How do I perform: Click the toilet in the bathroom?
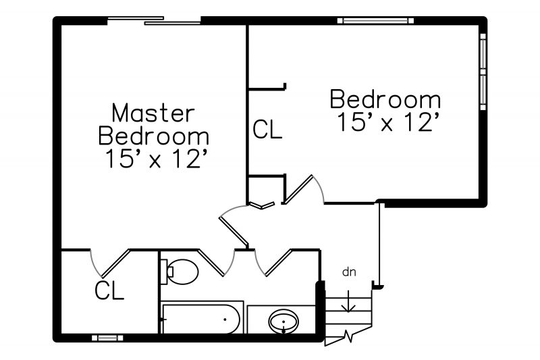(180, 272)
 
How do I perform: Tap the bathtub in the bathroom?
(201, 319)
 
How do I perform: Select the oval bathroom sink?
(283, 322)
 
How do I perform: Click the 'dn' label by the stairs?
(349, 272)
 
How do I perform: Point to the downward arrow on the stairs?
(348, 301)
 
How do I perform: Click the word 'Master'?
(153, 113)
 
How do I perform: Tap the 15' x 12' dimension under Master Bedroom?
(157, 159)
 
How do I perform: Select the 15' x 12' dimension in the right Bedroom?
(389, 122)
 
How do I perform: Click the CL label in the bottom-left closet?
(109, 290)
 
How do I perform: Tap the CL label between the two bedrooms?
(267, 129)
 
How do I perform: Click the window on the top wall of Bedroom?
(375, 21)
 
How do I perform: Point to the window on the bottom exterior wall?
(107, 338)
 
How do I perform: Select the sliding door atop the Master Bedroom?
(154, 21)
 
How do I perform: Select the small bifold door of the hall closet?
(262, 205)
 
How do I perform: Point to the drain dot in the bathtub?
(225, 319)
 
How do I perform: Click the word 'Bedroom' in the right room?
(385, 99)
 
